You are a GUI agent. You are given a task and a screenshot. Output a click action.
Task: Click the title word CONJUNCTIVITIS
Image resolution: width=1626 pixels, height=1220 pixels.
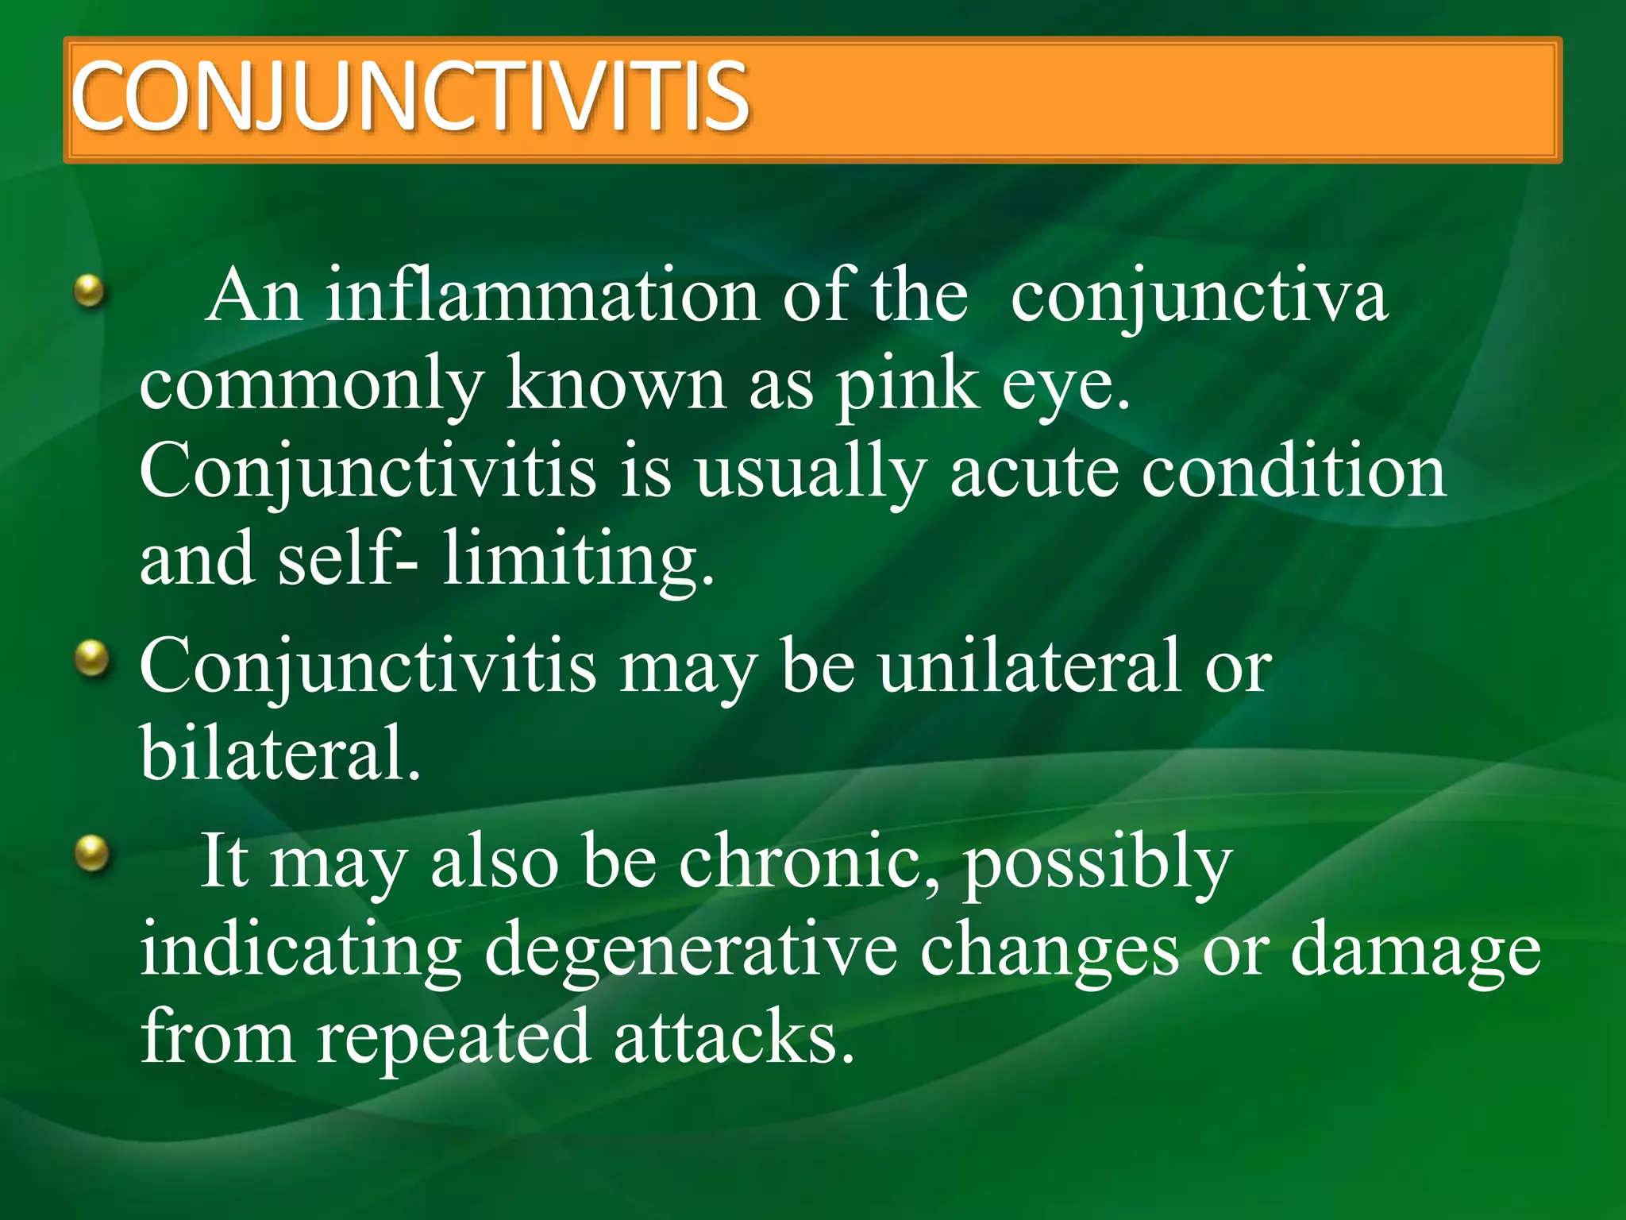click(x=409, y=97)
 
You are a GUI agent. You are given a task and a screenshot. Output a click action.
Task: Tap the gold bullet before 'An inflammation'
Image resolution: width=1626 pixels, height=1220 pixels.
click(x=90, y=290)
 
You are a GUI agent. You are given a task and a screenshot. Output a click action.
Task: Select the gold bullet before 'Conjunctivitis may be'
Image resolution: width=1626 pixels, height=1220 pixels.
click(x=93, y=658)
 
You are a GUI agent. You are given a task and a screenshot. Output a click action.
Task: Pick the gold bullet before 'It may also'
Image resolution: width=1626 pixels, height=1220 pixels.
click(x=93, y=854)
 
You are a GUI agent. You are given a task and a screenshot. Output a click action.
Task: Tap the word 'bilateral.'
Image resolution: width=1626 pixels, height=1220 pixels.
click(x=279, y=753)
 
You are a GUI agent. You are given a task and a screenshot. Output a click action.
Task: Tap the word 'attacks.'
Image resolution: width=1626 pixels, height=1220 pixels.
click(x=734, y=1037)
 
